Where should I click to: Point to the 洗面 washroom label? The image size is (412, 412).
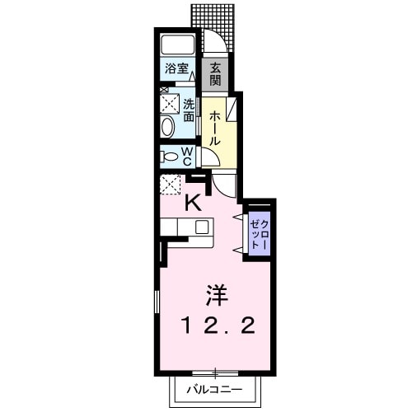pos(189,110)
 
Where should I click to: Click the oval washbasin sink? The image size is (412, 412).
pos(167,127)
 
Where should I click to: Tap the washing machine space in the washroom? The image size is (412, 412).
pos(171,103)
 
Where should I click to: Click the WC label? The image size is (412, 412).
pos(188,155)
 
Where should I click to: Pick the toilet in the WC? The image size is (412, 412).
pos(171,156)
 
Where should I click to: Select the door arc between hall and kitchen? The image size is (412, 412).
pos(223,185)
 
